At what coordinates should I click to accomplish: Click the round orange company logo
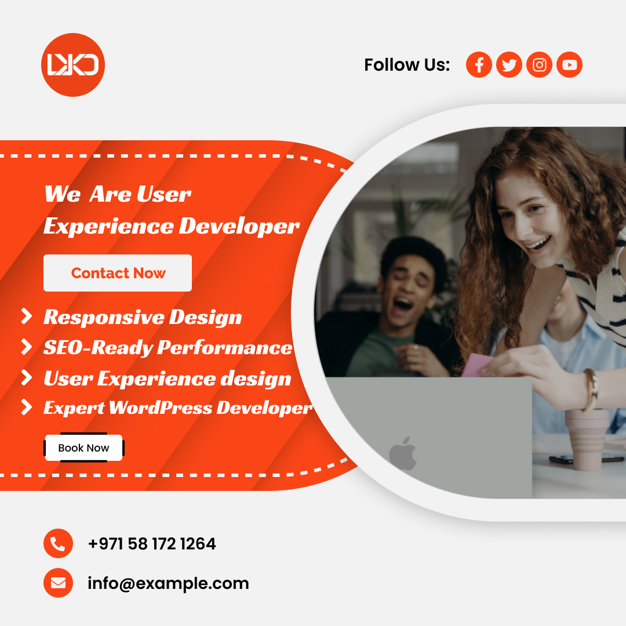[x=73, y=65]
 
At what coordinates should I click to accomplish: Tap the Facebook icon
[x=479, y=65]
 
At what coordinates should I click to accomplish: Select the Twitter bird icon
[x=509, y=65]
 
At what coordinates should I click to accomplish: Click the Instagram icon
[x=540, y=65]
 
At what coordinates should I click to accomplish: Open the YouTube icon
[x=569, y=65]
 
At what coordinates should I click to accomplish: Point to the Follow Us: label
[x=407, y=65]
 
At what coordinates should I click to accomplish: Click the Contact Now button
[x=118, y=273]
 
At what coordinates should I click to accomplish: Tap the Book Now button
[x=84, y=447]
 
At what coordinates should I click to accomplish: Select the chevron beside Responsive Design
[x=26, y=316]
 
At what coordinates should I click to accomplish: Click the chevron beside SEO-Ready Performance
[x=26, y=347]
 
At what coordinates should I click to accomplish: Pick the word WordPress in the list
[x=161, y=407]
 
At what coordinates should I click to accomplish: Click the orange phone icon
[x=59, y=543]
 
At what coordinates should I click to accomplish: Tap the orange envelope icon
[x=59, y=583]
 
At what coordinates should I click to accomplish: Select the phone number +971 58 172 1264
[x=152, y=544]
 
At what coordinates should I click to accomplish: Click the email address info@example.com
[x=168, y=583]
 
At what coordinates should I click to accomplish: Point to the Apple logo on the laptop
[x=403, y=453]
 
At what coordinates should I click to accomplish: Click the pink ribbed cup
[x=587, y=439]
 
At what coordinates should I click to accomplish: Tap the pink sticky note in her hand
[x=476, y=365]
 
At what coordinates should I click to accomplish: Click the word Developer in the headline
[x=239, y=227]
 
